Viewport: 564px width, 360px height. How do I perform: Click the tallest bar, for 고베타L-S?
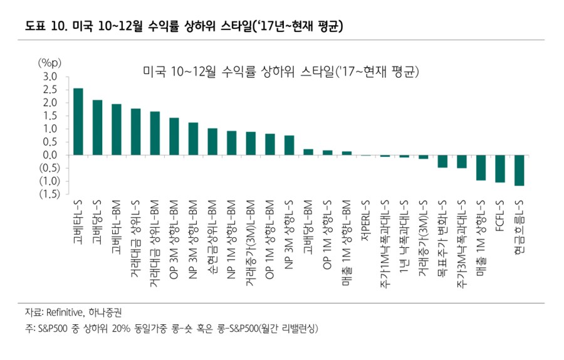coord(78,122)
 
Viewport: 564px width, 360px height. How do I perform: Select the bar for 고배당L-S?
coord(97,127)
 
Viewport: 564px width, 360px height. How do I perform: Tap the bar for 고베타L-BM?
coord(117,129)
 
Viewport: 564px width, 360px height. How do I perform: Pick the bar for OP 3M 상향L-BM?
coord(174,136)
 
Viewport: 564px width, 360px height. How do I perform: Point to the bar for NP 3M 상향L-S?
coord(289,145)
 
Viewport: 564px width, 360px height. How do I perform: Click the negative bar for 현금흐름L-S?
coord(519,170)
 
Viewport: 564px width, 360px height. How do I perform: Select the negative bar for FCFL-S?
coord(500,169)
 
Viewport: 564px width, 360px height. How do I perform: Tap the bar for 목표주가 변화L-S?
coord(442,161)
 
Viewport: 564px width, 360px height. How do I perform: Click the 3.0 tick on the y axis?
coord(51,77)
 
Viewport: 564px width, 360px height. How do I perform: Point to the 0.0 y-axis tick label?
coord(51,155)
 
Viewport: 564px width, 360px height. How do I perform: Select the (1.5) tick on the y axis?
coord(48,194)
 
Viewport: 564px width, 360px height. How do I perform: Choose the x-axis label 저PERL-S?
coord(366,220)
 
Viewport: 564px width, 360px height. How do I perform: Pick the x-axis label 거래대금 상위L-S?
coord(136,235)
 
